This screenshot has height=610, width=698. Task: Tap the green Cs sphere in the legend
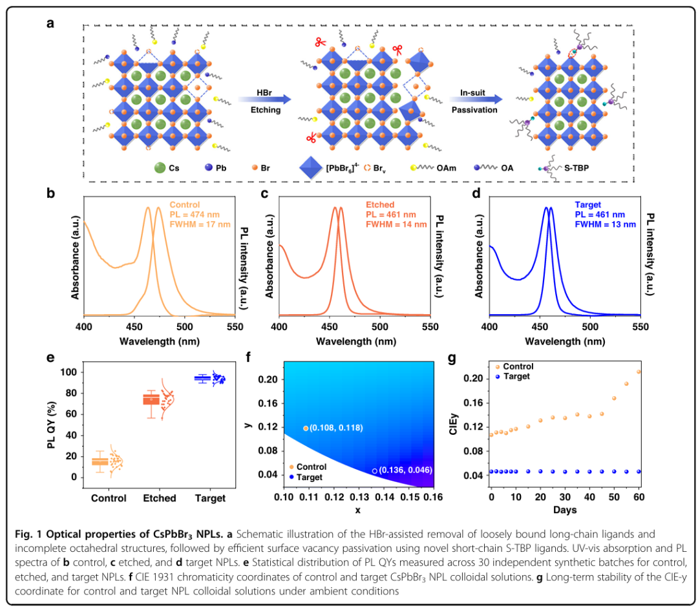pos(160,168)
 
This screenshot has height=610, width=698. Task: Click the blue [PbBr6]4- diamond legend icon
pos(312,168)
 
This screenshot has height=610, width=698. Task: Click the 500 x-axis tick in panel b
pos(185,328)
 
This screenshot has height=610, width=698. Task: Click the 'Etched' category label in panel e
pos(159,498)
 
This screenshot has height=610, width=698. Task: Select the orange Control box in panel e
pos(100,461)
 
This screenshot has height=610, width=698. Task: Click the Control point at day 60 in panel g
pos(639,372)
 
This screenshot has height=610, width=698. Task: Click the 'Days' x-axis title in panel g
pos(565,510)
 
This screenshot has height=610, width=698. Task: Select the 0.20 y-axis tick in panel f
pos(269,379)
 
